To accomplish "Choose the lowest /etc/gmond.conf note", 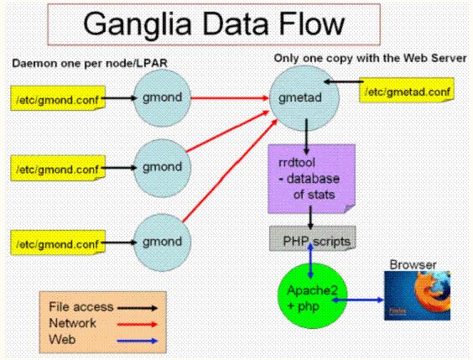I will [x=47, y=243].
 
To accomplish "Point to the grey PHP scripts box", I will [x=313, y=240].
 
